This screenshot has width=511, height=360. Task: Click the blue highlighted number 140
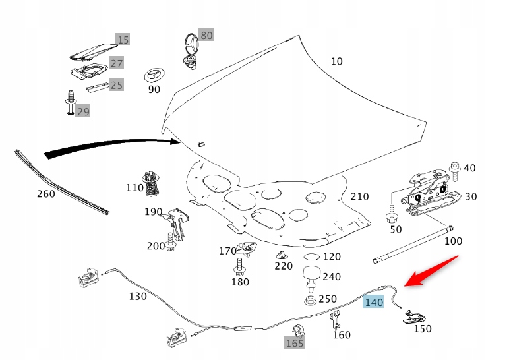tap(373, 302)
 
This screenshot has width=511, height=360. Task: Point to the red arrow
tap(432, 271)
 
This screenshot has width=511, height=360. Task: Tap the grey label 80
tap(206, 35)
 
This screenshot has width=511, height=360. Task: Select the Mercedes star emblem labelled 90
tap(154, 74)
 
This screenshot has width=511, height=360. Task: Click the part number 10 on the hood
tap(336, 61)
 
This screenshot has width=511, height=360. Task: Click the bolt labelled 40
tap(454, 169)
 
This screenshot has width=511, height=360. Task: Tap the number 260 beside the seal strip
tap(45, 195)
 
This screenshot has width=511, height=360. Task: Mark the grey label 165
tap(294, 343)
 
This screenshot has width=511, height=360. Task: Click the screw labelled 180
tap(239, 267)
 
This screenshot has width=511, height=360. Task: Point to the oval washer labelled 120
tap(311, 256)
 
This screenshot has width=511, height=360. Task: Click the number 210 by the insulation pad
tap(359, 196)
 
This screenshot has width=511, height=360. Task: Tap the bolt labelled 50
tap(392, 214)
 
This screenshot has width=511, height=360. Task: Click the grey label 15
tap(123, 40)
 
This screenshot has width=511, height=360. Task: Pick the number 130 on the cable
tap(137, 297)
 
